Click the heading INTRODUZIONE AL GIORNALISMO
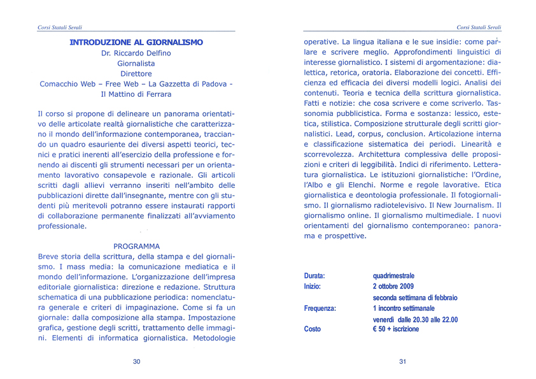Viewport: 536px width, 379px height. pos(136,43)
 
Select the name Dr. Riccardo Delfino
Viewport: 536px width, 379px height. pos(136,53)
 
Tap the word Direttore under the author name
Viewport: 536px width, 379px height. pos(136,74)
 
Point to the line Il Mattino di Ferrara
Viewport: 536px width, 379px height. pos(136,94)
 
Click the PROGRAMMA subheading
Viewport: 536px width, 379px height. pos(136,246)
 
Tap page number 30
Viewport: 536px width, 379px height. pos(136,362)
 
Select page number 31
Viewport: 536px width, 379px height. pos(402,362)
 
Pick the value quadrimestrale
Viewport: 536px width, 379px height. pos(397,276)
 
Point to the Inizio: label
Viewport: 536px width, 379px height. pos(313,287)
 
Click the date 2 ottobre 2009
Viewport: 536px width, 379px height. pos(393,287)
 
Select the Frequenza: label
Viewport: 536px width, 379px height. pos(320,308)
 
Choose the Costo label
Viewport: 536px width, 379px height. pos(312,329)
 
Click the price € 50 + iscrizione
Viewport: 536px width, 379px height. pos(395,329)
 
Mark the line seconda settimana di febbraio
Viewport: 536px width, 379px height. pos(414,297)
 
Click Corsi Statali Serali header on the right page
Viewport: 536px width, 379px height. pos(479,27)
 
